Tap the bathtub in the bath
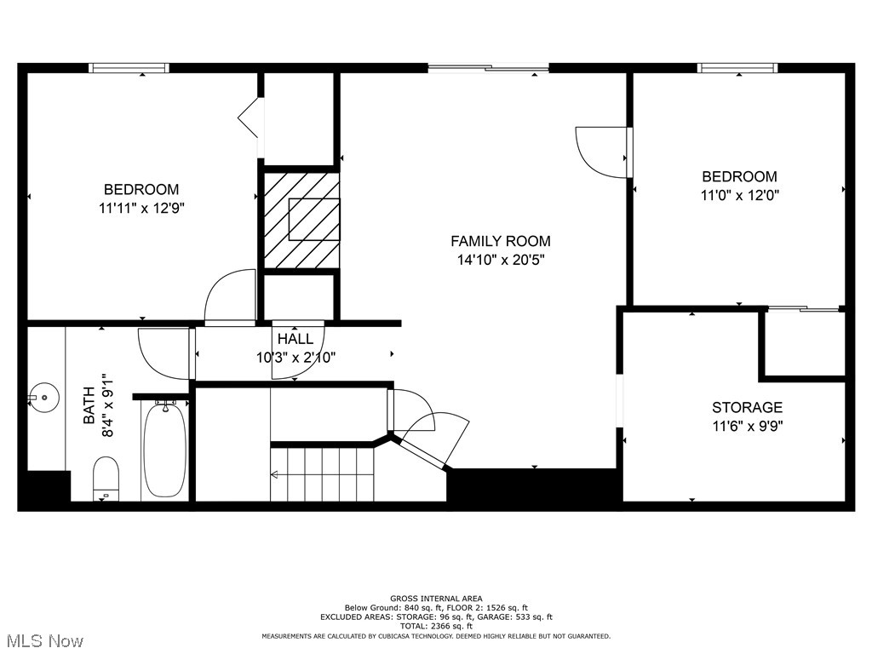(x=164, y=449)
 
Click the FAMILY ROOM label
(x=500, y=241)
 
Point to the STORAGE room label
(x=747, y=408)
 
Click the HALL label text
(x=295, y=339)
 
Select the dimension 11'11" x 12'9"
(x=141, y=207)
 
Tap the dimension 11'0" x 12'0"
(x=738, y=194)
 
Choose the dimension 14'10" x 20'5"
(x=500, y=259)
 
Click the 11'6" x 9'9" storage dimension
(x=747, y=426)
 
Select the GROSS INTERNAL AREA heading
(x=436, y=599)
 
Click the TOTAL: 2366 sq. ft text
(x=436, y=626)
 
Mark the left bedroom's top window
(x=129, y=68)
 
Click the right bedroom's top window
(x=737, y=68)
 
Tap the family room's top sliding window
(x=488, y=68)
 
